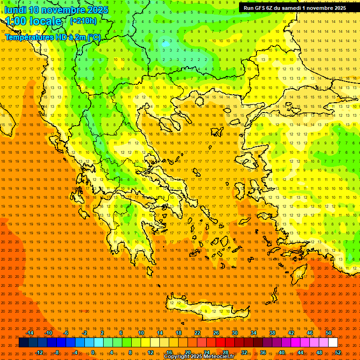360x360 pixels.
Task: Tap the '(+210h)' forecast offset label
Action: (83, 21)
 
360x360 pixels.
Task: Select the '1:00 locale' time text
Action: (33, 21)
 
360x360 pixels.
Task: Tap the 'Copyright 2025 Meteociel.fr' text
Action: (199, 357)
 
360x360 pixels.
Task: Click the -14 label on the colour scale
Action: (30, 333)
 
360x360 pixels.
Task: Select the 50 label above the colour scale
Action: (329, 333)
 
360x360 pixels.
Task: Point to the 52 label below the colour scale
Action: (338, 352)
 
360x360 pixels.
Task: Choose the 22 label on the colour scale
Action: (197, 333)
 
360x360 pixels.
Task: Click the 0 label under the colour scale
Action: (93, 352)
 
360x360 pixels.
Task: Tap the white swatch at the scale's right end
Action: (333, 343)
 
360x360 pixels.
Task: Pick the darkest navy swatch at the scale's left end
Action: (23, 343)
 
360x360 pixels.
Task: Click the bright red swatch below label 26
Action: (220, 343)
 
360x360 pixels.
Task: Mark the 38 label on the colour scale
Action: (272, 333)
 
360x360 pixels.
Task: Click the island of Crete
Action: (202, 307)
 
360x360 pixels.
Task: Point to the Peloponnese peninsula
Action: (127, 230)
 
